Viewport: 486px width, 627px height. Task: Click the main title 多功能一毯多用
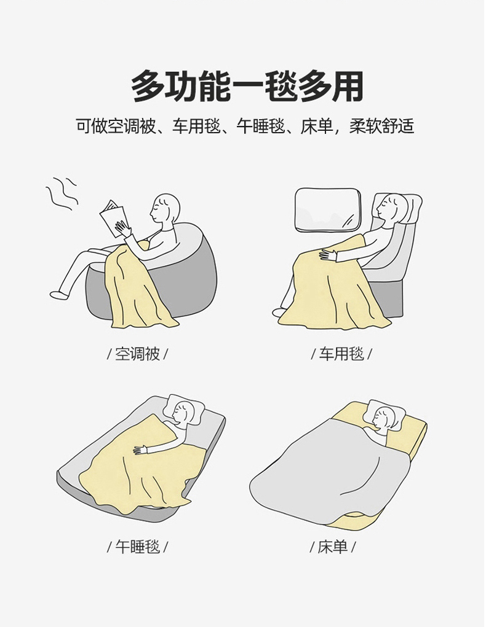point(247,87)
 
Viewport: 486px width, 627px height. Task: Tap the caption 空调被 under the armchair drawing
point(137,354)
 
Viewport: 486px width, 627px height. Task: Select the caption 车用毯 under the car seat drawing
point(341,354)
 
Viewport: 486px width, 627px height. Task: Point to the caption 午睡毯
point(137,546)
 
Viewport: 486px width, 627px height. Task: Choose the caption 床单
point(333,547)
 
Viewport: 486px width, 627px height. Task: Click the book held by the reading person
point(116,219)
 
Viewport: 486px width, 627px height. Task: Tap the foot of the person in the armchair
point(60,295)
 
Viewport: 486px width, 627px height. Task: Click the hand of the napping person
point(141,450)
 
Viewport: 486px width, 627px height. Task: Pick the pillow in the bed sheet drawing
point(386,413)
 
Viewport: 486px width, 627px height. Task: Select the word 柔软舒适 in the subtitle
point(382,127)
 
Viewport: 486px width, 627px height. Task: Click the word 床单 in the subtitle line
point(317,127)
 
